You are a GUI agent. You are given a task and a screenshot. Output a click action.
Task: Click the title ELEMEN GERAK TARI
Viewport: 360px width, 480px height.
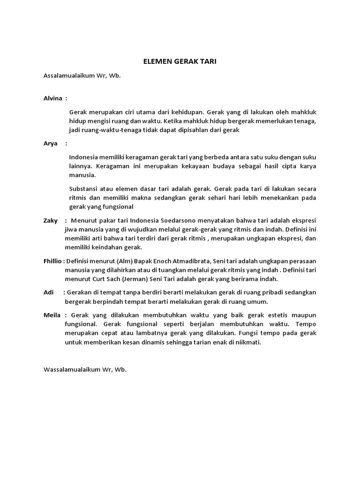coord(180,61)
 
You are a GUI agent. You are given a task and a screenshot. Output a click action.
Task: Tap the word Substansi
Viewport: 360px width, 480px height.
coord(83,188)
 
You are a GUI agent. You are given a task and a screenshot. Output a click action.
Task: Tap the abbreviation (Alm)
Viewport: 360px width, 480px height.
coord(121,261)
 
